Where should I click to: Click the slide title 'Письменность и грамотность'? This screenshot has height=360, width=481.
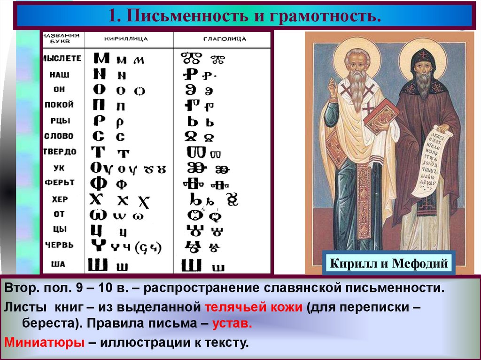pyautogui.click(x=244, y=16)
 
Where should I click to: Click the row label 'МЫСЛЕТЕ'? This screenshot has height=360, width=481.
pyautogui.click(x=62, y=58)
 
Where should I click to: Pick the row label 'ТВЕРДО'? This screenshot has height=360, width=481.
pyautogui.click(x=60, y=152)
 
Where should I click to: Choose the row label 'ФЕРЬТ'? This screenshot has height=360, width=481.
pyautogui.click(x=60, y=182)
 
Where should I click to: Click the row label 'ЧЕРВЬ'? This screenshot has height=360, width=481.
pyautogui.click(x=60, y=245)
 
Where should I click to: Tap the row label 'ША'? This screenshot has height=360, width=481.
pyautogui.click(x=58, y=264)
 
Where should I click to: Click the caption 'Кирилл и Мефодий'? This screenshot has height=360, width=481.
pyautogui.click(x=388, y=263)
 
